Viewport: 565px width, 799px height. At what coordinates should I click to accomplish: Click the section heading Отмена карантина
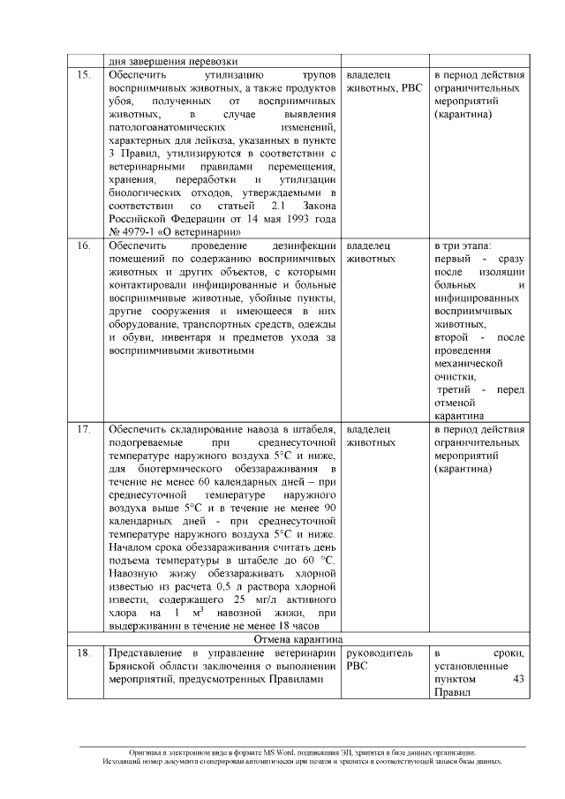[298, 639]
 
